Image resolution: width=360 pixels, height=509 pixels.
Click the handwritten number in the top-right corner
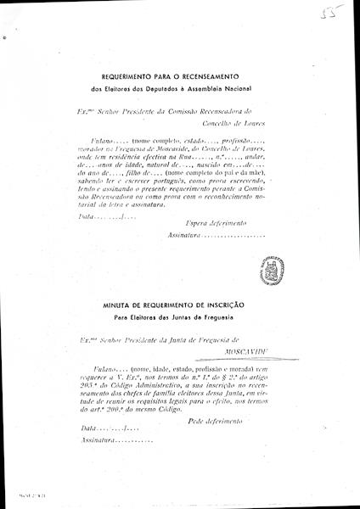[x=344, y=16]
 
